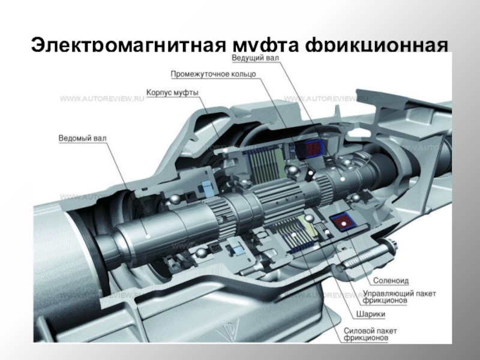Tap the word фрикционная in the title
coord(376,46)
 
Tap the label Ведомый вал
coord(83,138)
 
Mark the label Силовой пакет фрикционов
coord(374,334)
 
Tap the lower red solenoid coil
coord(343,223)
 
